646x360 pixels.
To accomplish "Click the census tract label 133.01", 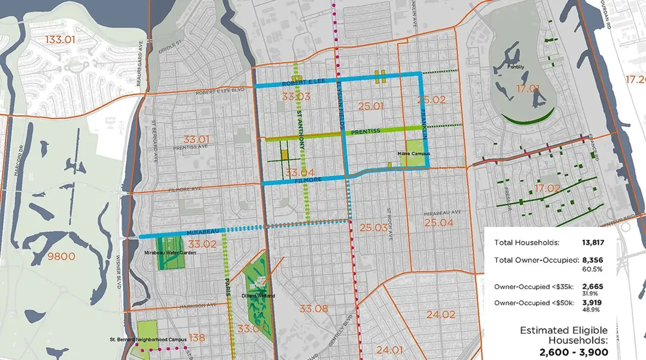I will click(x=60, y=40).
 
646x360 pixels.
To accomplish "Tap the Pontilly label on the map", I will click(x=516, y=67).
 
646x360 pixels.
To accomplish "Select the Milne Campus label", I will click(x=413, y=154).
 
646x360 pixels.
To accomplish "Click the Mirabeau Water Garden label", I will click(x=170, y=253).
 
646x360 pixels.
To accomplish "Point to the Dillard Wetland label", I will click(x=258, y=296).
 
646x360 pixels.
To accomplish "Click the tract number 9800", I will click(x=61, y=256).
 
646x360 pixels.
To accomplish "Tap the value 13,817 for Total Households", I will click(x=593, y=243).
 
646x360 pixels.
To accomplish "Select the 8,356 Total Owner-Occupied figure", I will click(x=592, y=260).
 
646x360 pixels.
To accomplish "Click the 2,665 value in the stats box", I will click(x=592, y=287).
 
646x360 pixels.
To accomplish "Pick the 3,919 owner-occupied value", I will click(x=591, y=303).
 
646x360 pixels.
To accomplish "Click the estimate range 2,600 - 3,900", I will click(x=573, y=352).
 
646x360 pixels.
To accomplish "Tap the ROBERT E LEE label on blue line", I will click(x=303, y=82).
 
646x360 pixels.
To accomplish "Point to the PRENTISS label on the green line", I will click(x=365, y=132).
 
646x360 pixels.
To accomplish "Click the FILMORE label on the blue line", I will click(x=308, y=180).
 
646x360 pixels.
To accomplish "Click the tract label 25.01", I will click(x=371, y=106).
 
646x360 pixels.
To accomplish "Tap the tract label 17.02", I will click(x=547, y=188).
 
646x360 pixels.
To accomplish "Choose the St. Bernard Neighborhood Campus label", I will click(x=148, y=339).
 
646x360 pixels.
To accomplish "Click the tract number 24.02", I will click(x=440, y=314).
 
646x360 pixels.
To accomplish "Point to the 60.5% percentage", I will click(x=592, y=269).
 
